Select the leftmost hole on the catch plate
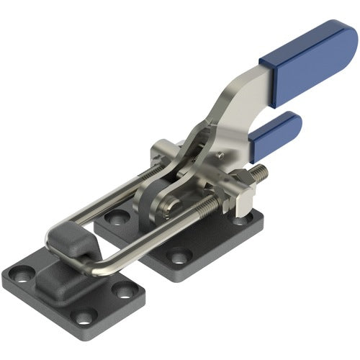21,273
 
